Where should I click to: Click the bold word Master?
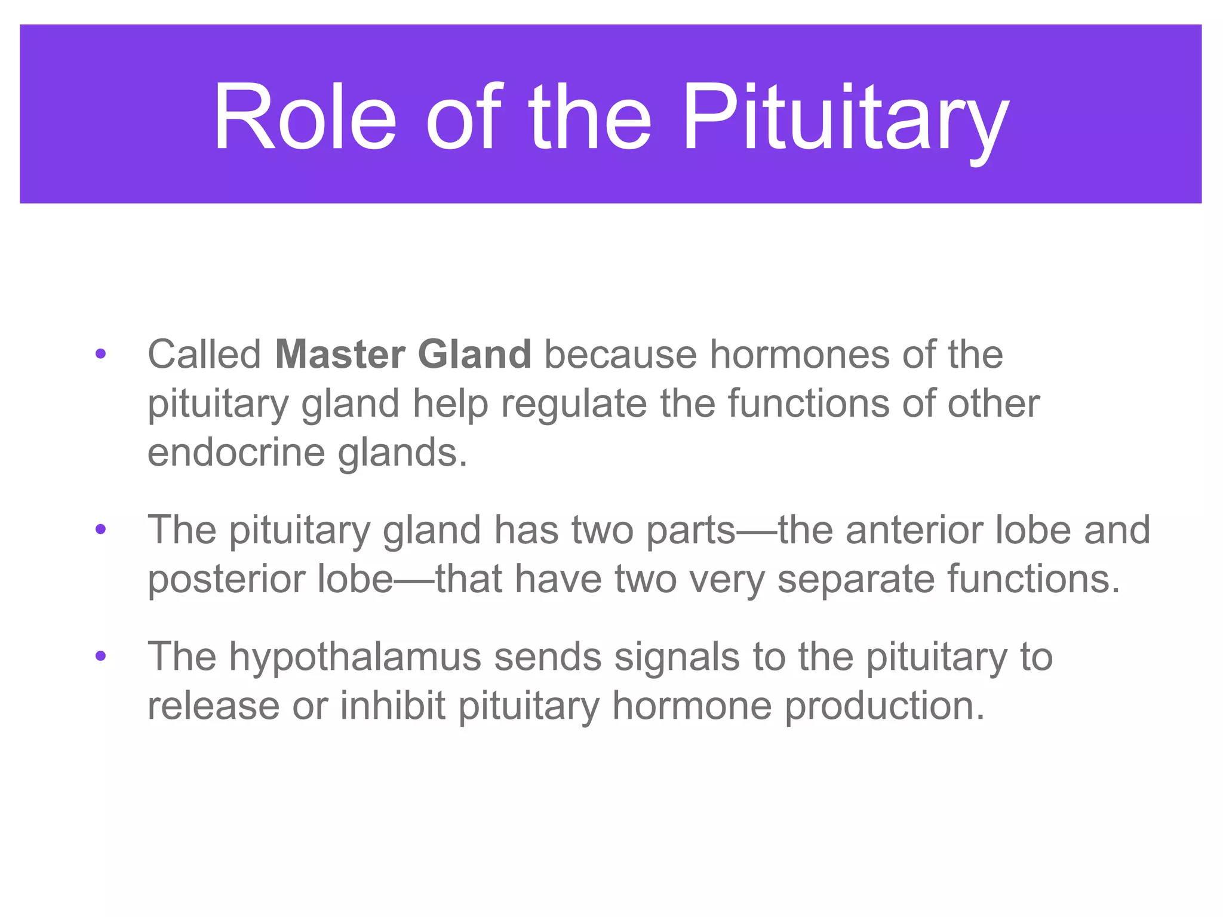[340, 355]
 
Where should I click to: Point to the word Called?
[204, 355]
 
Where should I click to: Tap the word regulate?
[573, 405]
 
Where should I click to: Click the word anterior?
[914, 530]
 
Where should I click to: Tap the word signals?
[677, 657]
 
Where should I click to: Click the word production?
[884, 707]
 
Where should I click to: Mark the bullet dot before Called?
[100, 355]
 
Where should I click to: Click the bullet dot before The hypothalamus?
[100, 657]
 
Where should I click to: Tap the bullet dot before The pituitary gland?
[100, 530]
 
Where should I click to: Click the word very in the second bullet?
[727, 580]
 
